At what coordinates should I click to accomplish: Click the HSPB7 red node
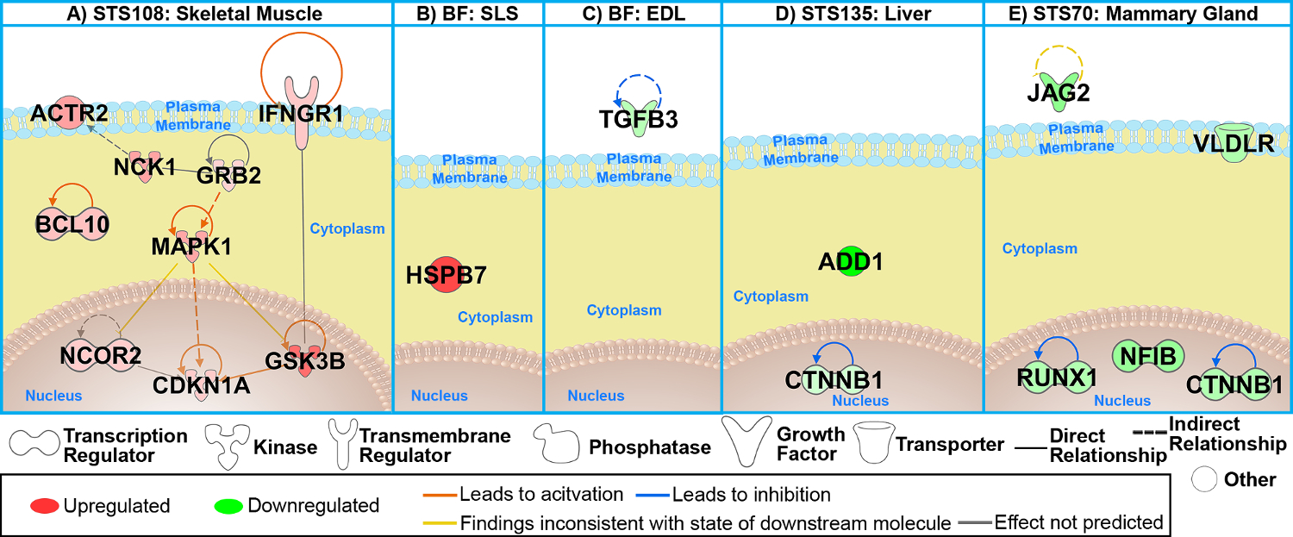447,276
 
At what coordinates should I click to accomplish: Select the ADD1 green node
851,262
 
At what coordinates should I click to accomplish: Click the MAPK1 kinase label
191,247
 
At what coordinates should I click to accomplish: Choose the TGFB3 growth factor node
639,119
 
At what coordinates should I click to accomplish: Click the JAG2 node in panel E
1058,91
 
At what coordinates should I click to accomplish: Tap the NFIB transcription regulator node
1149,354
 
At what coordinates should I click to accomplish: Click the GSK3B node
305,360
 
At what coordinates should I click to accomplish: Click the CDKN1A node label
201,384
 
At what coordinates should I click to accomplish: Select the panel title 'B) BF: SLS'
467,13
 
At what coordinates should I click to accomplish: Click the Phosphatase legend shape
558,445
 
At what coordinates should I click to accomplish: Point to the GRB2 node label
228,175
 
